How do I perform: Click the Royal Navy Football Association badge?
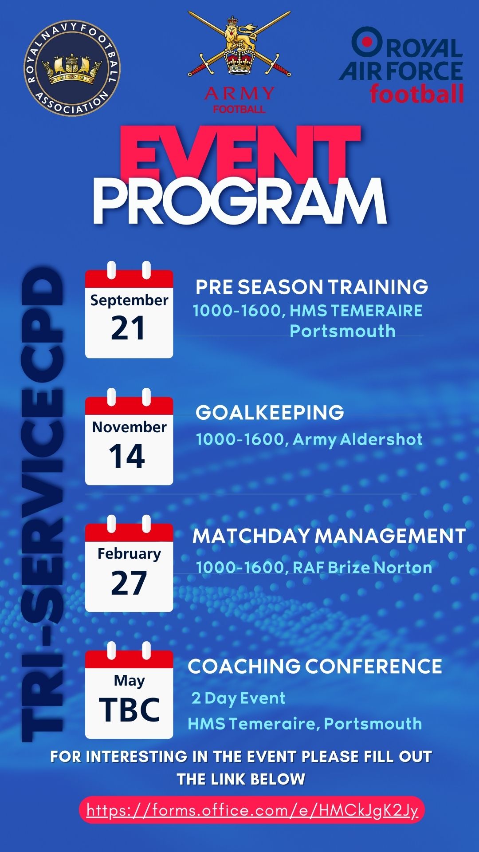72,68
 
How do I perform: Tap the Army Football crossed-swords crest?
239,44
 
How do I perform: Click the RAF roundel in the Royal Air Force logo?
367,42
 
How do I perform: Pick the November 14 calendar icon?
129,437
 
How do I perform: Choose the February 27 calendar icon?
129,564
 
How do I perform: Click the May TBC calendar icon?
129,690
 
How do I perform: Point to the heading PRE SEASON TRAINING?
312,287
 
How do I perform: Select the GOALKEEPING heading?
270,413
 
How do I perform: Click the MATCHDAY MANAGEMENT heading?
329,536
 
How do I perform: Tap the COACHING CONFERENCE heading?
315,667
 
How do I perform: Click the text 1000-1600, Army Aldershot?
309,440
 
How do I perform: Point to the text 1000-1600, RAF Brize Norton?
314,568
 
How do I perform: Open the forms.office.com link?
252,811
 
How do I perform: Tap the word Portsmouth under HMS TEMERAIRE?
342,331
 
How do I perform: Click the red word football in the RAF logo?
417,93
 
